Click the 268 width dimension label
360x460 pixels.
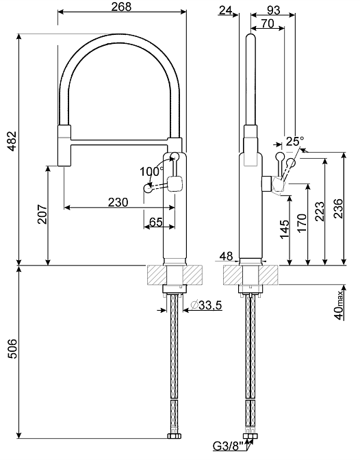click(121, 7)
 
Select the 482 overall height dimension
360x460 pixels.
click(12, 141)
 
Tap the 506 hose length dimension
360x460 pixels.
click(12, 349)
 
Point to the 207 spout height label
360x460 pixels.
click(42, 214)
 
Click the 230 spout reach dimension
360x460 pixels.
click(118, 202)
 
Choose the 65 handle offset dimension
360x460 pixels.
click(156, 222)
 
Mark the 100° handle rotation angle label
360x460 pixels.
click(151, 171)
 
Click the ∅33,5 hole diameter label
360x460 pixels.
click(206, 305)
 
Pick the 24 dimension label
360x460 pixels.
click(226, 10)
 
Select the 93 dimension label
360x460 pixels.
click(274, 10)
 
